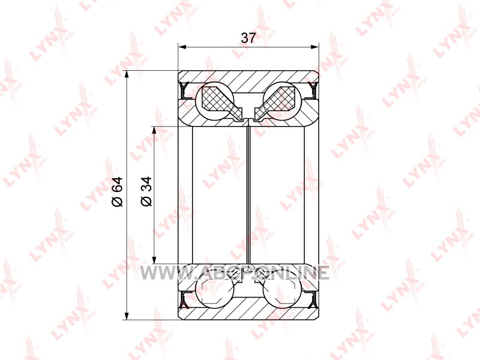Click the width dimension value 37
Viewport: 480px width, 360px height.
[x=248, y=38]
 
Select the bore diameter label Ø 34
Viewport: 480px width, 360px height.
[x=146, y=191]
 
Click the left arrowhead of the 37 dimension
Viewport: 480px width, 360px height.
[x=182, y=47]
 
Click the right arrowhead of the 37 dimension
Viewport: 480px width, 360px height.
[x=314, y=47]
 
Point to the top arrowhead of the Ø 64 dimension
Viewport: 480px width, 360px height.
[x=127, y=76]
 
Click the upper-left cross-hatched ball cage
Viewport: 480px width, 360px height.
[x=221, y=103]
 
